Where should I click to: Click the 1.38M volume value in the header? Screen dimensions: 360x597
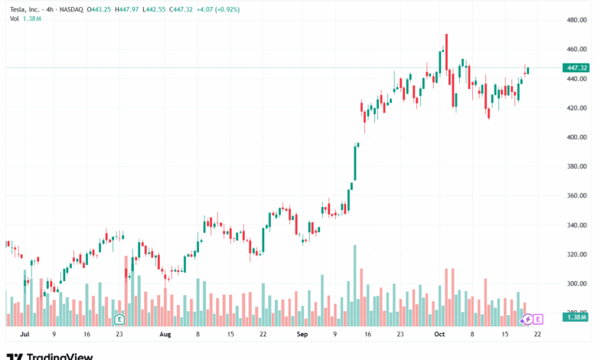pos(32,17)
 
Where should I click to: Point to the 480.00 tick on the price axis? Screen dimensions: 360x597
pos(576,19)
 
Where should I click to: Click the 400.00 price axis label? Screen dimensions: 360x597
pos(576,137)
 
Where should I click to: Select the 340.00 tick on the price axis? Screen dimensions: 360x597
pos(576,225)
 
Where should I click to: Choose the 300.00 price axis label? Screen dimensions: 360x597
pos(576,283)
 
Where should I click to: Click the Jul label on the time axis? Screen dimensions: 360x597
pos(24,335)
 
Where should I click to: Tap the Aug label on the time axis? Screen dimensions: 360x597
pos(165,335)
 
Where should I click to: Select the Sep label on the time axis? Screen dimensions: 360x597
pos(302,335)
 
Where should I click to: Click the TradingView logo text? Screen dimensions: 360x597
pos(60,355)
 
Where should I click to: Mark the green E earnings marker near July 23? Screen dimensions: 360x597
pos(119,318)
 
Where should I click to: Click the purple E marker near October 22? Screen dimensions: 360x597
pos(537,319)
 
